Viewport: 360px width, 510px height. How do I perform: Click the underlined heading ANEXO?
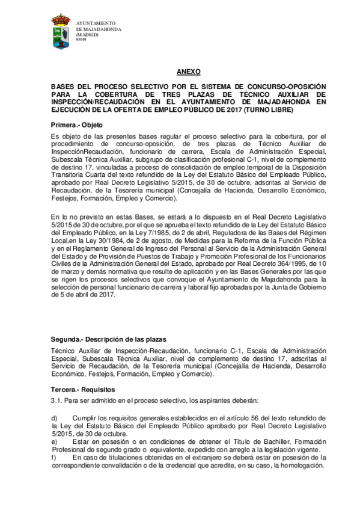pos(189,71)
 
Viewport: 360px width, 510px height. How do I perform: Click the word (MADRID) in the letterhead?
pos(88,35)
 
